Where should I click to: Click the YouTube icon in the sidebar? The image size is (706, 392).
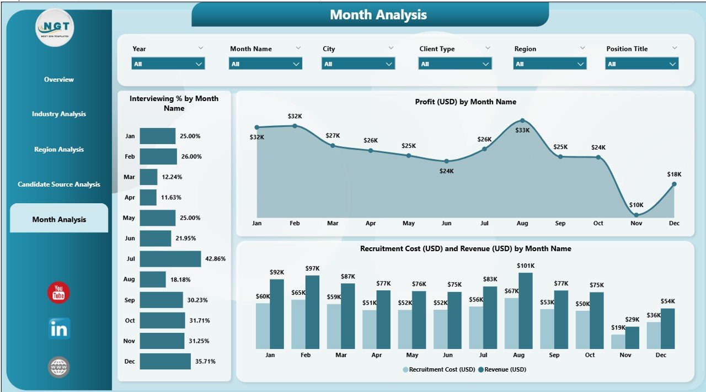tap(58, 293)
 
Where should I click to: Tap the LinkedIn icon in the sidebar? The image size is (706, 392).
tap(58, 329)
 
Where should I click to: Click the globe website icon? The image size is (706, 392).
tap(58, 367)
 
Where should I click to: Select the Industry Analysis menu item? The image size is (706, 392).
tap(59, 114)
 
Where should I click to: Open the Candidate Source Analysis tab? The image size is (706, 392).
tap(59, 184)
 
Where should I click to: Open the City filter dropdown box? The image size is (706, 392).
tap(358, 64)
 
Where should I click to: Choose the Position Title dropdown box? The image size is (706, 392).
tap(641, 64)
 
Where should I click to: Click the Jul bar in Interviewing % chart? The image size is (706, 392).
tap(170, 259)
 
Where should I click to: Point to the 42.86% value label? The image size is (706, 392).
tap(215, 259)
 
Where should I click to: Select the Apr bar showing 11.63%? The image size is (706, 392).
tap(148, 197)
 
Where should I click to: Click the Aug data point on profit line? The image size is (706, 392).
tap(522, 121)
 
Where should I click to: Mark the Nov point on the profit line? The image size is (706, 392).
tap(636, 215)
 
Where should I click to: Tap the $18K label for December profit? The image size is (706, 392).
tap(674, 174)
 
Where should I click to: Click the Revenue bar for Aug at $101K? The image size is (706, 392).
tap(526, 311)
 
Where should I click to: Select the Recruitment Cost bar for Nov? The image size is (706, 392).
tap(618, 342)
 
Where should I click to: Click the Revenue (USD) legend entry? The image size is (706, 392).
tap(502, 369)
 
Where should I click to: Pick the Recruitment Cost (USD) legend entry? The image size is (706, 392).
tap(439, 369)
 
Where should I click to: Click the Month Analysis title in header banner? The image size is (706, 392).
tap(378, 15)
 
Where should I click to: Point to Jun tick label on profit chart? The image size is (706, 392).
tap(446, 224)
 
